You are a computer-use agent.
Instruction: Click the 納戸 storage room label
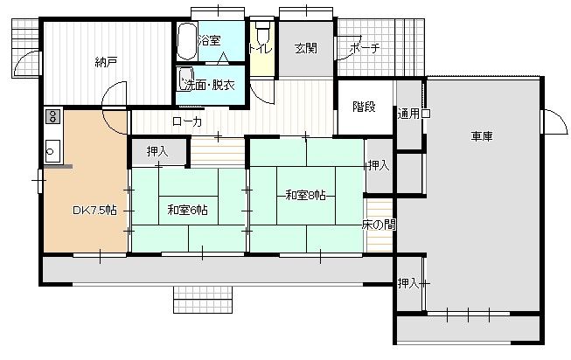[106, 62]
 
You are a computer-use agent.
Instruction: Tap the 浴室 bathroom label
[210, 40]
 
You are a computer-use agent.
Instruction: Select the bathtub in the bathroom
[187, 41]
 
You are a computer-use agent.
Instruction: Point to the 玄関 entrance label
[306, 48]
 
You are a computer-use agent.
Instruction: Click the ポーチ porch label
[365, 48]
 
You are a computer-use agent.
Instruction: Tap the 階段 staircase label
[364, 107]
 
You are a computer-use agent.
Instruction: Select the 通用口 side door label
[414, 114]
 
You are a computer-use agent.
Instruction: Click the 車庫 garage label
[482, 136]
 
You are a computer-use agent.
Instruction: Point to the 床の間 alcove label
[379, 225]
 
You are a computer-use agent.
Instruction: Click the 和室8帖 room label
[305, 196]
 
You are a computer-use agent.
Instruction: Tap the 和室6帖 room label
[187, 210]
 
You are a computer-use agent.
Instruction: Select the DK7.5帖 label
[94, 211]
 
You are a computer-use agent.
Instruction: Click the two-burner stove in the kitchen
[52, 116]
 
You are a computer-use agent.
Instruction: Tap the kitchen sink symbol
[52, 151]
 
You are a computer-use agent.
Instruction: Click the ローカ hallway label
[187, 121]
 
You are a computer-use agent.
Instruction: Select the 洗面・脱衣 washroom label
[210, 85]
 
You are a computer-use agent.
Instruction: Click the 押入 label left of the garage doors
[408, 283]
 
